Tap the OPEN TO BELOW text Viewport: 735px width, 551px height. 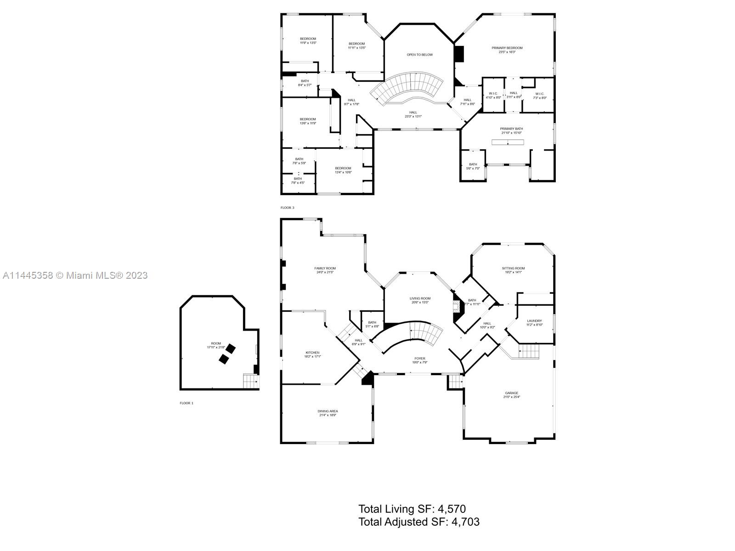419,55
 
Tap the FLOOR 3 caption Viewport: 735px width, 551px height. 288,208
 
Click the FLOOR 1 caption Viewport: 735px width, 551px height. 187,403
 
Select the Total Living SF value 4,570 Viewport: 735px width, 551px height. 452,509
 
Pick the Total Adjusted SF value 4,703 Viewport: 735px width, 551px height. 465,522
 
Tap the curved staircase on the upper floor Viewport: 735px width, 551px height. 408,87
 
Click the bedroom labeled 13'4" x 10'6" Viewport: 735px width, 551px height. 343,170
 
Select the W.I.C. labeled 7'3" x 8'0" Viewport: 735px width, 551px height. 539,96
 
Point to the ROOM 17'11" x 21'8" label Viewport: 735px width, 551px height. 216,345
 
